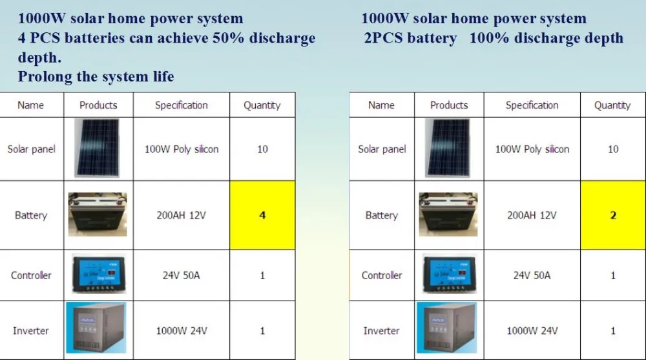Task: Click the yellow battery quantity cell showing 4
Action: coord(262,215)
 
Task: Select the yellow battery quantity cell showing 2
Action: coord(613,215)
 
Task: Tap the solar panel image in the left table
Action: coord(98,148)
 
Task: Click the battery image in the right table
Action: coord(448,215)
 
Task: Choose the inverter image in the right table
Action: coord(446,328)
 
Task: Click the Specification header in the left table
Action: coord(182,105)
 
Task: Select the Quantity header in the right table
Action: coord(612,105)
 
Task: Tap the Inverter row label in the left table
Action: coord(31,331)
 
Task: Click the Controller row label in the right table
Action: coord(382,275)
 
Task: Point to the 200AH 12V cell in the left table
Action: coord(182,215)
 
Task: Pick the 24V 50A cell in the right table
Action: coord(532,275)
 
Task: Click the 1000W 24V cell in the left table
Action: coord(182,331)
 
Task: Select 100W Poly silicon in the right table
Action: coord(532,149)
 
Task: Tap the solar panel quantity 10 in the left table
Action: coord(262,149)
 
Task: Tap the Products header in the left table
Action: coord(98,105)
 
